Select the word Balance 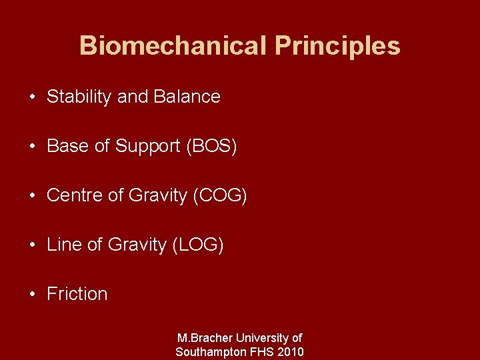(x=187, y=97)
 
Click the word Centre (x=75, y=195)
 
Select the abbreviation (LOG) (x=198, y=245)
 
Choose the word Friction (x=77, y=294)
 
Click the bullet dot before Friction (x=33, y=295)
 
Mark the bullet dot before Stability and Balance (x=33, y=97)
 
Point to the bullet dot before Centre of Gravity (x=33, y=196)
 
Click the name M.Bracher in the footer (x=206, y=339)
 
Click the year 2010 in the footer (x=291, y=352)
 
